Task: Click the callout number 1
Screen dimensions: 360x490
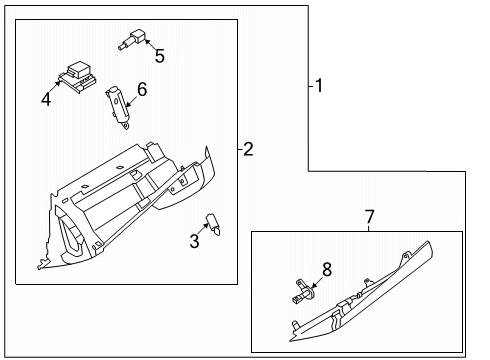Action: [x=319, y=86]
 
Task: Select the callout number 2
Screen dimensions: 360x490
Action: [x=248, y=150]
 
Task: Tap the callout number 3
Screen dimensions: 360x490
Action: [x=194, y=241]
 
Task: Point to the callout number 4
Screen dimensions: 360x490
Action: [x=46, y=98]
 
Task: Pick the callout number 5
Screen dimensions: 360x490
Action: [x=159, y=56]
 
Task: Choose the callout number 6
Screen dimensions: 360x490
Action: [x=141, y=90]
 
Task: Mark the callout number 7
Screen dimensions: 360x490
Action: [x=369, y=216]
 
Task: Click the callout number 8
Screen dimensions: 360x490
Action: [x=325, y=268]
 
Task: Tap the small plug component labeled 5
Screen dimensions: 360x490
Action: [x=134, y=39]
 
